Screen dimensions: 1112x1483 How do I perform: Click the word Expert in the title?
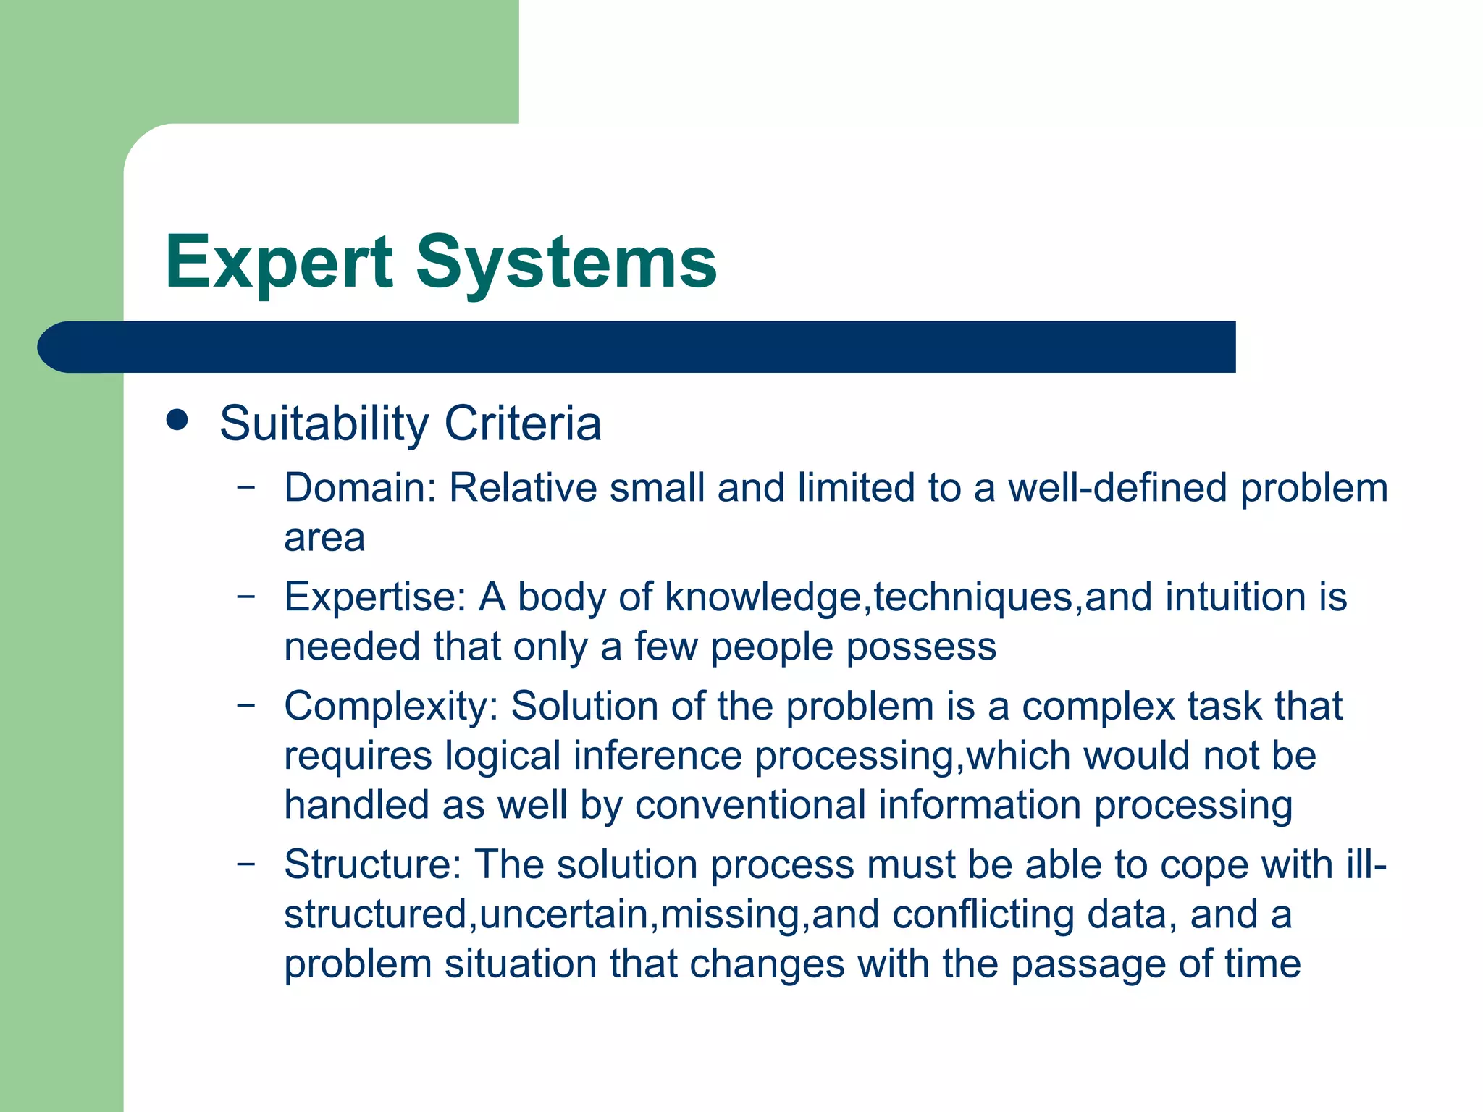[x=279, y=263]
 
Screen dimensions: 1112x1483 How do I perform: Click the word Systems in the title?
[x=566, y=263]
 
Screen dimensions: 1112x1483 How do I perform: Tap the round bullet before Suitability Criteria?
[x=177, y=421]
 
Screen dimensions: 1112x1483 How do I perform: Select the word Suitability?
[x=324, y=424]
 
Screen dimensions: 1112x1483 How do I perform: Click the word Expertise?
[x=374, y=597]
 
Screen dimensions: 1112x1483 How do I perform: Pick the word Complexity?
[x=391, y=707]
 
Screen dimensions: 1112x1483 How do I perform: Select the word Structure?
[x=372, y=865]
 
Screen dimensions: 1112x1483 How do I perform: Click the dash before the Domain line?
[x=246, y=486]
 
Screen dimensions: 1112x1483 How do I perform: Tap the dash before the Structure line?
[x=246, y=864]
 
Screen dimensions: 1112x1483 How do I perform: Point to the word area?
[x=324, y=538]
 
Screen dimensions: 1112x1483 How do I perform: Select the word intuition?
[x=1235, y=597]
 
